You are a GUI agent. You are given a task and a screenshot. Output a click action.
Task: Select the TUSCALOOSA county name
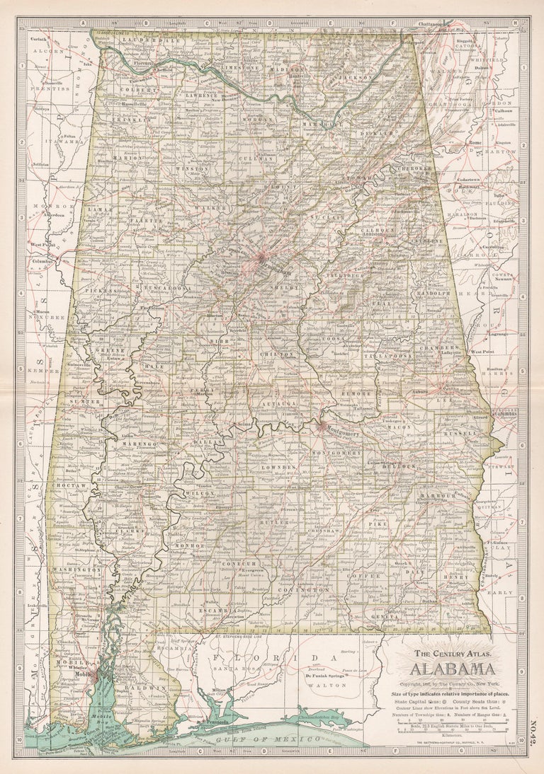coord(165,289)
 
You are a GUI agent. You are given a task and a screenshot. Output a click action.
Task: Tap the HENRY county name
coord(454,577)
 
